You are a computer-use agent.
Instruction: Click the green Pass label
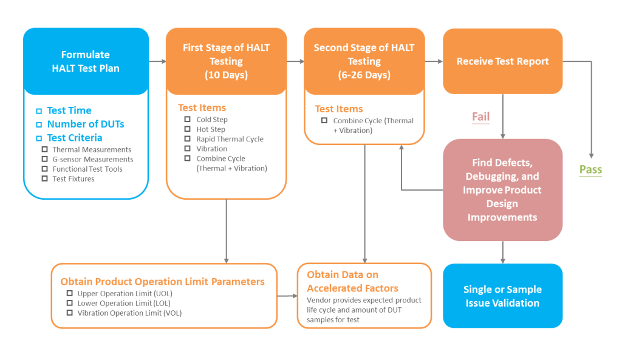(x=590, y=170)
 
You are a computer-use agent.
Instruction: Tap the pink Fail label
(x=481, y=117)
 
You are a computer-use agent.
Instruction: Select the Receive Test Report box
(x=502, y=61)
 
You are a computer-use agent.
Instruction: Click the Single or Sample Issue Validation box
(x=502, y=296)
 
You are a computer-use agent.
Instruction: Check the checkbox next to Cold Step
(x=187, y=120)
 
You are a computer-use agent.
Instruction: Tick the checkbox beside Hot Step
(x=187, y=129)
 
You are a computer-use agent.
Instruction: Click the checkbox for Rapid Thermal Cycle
(x=187, y=139)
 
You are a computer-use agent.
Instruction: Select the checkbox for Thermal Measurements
(x=44, y=149)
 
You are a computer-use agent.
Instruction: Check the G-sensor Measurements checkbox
(x=44, y=159)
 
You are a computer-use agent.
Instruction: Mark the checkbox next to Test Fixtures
(x=44, y=178)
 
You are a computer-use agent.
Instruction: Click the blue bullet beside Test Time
(x=39, y=111)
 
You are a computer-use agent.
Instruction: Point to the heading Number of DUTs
(x=86, y=124)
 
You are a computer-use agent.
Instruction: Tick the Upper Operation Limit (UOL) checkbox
(x=69, y=293)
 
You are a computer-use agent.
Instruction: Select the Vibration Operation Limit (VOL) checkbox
(x=69, y=313)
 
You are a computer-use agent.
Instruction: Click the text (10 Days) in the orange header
(x=226, y=75)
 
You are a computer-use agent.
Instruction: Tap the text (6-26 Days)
(x=364, y=75)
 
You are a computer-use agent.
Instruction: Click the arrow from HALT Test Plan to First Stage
(x=157, y=61)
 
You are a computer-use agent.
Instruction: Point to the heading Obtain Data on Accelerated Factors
(x=353, y=281)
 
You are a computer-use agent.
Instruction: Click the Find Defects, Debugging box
(x=502, y=190)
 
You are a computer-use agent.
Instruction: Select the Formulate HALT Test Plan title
(x=86, y=61)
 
